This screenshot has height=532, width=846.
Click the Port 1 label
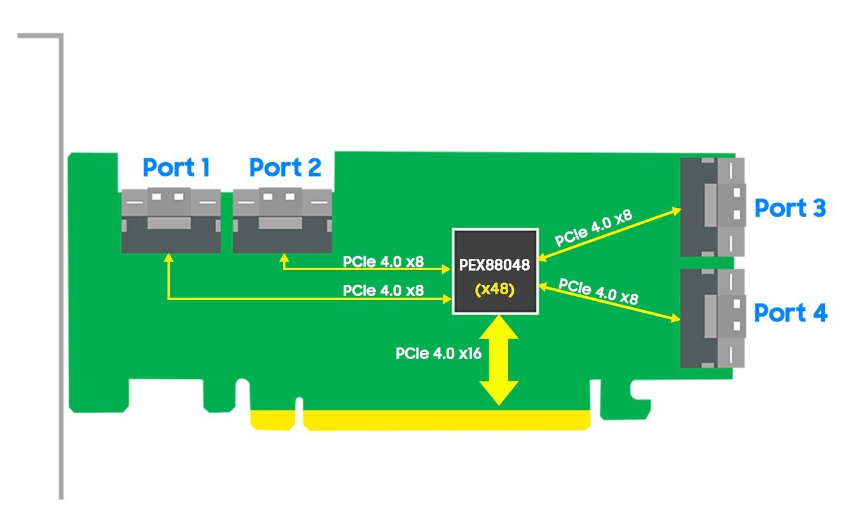176,168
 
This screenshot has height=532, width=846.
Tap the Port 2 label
285,168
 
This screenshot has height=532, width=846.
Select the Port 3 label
790,208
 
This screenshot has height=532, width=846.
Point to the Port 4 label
790,313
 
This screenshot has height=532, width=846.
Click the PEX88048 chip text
494,265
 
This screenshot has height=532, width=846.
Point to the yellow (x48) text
494,289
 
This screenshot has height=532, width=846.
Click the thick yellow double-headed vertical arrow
499,360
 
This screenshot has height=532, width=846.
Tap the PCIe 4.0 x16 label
438,353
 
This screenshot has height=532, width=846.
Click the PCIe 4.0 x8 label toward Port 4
598,291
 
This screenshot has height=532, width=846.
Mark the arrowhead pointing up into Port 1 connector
168,258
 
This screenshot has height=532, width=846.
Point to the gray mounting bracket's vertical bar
62,267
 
